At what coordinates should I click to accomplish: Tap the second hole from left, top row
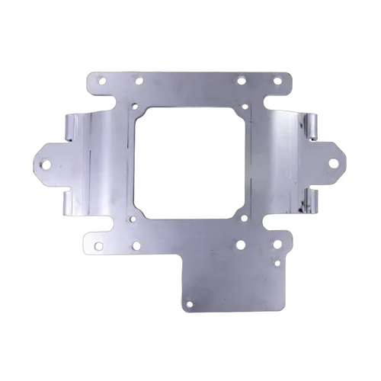point(138,81)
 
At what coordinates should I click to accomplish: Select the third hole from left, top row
point(242,81)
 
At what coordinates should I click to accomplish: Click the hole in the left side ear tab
point(46,164)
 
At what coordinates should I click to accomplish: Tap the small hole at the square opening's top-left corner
point(134,107)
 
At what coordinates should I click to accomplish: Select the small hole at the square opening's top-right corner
point(245,107)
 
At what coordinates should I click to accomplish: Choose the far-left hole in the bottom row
point(98,245)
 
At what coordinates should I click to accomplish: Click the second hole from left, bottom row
point(136,245)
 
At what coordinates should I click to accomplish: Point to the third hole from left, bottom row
point(240,245)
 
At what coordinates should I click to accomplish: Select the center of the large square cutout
point(190,162)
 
